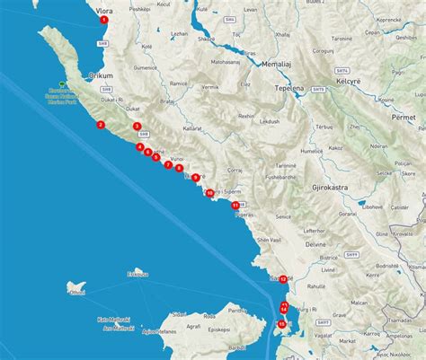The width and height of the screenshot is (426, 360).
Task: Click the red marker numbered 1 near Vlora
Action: [104, 19]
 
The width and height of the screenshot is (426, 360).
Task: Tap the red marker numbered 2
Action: [101, 125]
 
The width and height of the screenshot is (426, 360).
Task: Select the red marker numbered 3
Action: [137, 127]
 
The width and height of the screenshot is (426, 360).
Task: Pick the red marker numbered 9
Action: [195, 178]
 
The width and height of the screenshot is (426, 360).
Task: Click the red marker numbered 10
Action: [209, 193]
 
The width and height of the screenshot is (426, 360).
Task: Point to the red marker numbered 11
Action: [235, 206]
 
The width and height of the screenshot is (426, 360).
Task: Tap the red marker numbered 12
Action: [283, 279]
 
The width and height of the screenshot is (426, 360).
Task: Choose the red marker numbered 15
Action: [282, 324]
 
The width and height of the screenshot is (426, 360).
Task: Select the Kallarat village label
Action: [192, 128]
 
